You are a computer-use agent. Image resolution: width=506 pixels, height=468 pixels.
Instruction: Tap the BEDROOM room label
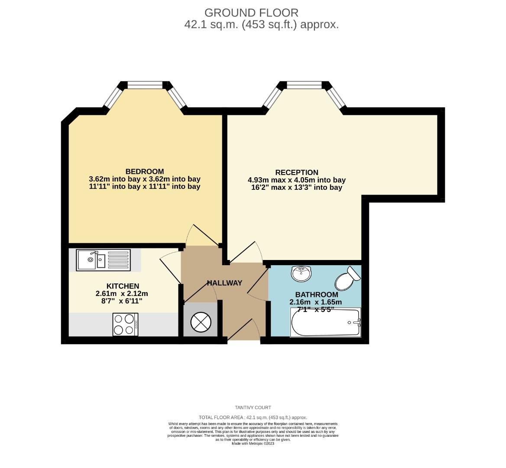coord(145,171)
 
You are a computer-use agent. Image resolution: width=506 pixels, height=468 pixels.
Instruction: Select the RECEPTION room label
coord(297,172)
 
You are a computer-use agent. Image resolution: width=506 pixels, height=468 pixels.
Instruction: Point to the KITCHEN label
coord(123,286)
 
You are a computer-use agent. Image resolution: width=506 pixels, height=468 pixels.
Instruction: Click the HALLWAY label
coord(224,283)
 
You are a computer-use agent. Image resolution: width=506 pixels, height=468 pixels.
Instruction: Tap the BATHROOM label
coord(316,295)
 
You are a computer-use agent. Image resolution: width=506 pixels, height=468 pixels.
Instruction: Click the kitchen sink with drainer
coord(103,260)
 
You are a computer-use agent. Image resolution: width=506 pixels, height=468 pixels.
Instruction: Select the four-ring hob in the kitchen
coord(125,324)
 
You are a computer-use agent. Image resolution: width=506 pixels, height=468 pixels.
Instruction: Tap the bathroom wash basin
coord(302,273)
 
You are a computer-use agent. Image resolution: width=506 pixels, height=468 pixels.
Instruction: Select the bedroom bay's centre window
coord(145,85)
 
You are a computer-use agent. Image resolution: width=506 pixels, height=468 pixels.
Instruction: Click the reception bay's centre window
coord(305,85)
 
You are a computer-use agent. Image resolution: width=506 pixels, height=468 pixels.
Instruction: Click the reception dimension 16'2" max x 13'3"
coord(296,188)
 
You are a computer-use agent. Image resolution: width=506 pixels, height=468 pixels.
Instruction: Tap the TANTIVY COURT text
coord(253,407)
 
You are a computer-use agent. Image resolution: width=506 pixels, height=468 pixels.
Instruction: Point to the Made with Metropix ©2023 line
coord(253,443)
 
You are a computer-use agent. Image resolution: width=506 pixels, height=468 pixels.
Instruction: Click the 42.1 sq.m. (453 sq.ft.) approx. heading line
coord(261,25)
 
